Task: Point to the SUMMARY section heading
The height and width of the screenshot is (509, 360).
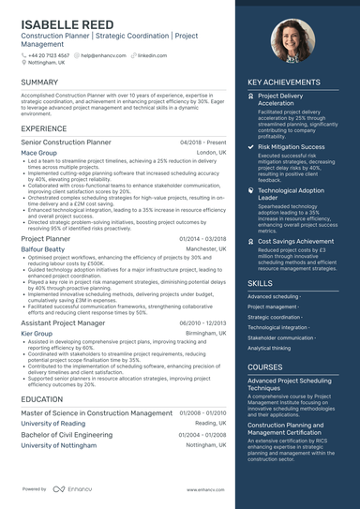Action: pos(39,82)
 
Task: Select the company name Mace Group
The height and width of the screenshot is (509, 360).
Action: pos(38,152)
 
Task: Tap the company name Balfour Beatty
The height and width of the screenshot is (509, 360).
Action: pos(44,250)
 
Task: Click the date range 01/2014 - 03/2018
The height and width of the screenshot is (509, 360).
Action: pos(202,240)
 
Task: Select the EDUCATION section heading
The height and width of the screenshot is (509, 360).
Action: pos(43,398)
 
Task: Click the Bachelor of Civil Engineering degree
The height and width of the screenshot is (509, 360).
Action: pos(67,435)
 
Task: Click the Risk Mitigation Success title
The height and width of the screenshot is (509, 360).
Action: pos(292,147)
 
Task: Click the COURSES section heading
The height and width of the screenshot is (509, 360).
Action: pos(265,367)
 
